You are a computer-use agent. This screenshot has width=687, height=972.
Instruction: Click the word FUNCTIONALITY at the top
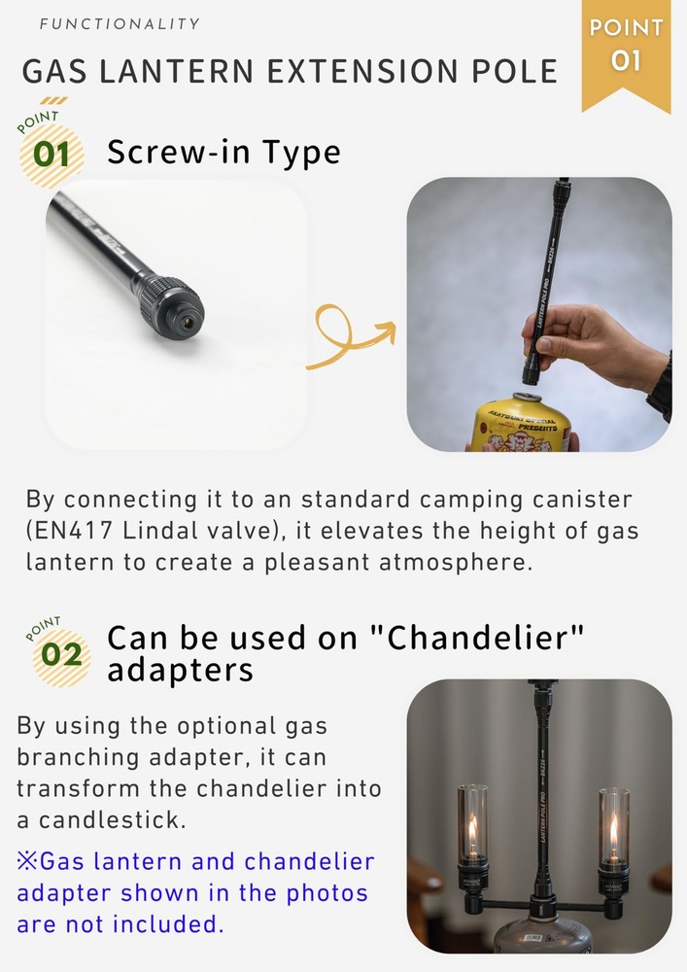[120, 23]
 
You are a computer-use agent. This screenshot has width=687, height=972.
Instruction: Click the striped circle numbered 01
[51, 155]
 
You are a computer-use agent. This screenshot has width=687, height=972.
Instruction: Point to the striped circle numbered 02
[61, 654]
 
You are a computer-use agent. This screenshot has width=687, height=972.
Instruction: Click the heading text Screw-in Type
[223, 152]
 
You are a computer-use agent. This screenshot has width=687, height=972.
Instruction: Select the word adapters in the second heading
[180, 671]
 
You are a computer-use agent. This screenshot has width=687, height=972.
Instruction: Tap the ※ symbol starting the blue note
[27, 862]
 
